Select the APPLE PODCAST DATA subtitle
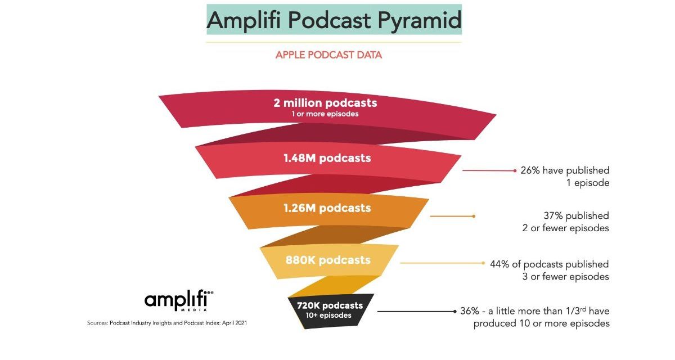(x=328, y=55)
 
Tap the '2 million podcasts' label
(x=325, y=103)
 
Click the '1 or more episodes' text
(x=325, y=114)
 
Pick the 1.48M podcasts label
(x=327, y=158)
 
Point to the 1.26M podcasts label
(x=327, y=208)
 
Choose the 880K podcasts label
(x=327, y=260)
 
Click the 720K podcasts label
(x=330, y=305)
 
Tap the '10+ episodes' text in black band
(x=330, y=315)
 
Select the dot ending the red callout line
(x=514, y=170)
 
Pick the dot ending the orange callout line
(x=474, y=216)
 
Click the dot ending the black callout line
(x=454, y=311)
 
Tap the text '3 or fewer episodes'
(x=565, y=276)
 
